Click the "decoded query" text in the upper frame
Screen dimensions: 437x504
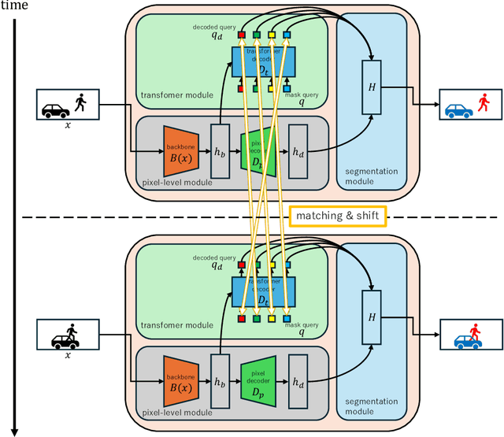click(x=209, y=27)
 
